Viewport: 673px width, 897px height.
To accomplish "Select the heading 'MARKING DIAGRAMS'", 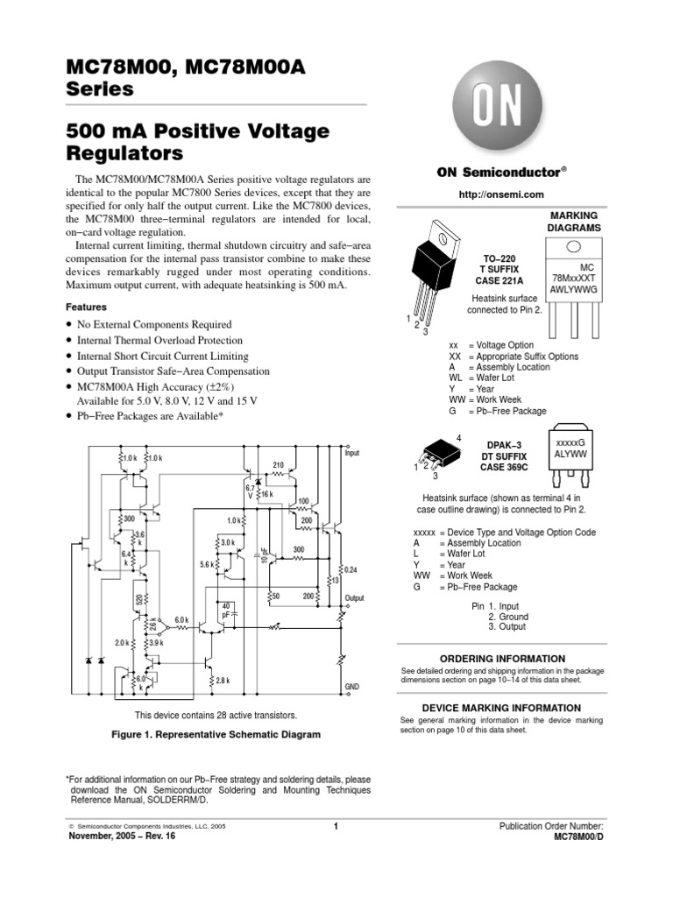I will pos(575,221).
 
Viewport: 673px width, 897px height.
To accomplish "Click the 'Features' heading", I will pos(87,307).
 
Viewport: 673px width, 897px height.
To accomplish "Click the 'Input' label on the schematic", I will pos(352,454).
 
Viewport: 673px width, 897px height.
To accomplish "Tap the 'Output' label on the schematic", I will pos(354,597).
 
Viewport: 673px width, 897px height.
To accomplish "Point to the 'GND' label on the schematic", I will pos(352,688).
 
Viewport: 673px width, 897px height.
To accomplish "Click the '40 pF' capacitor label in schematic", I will pos(226,611).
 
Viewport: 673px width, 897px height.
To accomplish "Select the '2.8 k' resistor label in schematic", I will pos(223,680).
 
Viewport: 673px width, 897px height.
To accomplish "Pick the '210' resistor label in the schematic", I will pos(279,464).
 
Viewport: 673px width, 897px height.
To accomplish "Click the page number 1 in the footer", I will pos(336,826).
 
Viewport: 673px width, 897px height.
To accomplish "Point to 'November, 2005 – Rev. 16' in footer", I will pos(122,837).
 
